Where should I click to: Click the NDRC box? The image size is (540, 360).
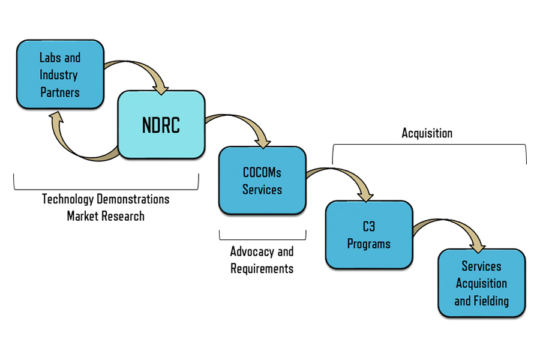[x=161, y=125]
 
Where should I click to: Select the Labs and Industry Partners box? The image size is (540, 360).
[x=59, y=74]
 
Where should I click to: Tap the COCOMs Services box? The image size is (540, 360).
[x=262, y=181]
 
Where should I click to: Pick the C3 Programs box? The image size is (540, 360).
[x=369, y=235]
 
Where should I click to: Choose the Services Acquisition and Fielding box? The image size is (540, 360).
[x=481, y=283]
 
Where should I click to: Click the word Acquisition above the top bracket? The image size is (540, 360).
[x=427, y=133]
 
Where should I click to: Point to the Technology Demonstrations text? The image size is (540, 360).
[x=106, y=199]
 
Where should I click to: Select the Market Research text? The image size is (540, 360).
[x=106, y=216]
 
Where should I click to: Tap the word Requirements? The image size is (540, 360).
[x=262, y=268]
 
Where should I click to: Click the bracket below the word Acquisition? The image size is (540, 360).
[x=429, y=145]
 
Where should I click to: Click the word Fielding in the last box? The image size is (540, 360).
[x=490, y=301]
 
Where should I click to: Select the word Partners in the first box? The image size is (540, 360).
[x=59, y=92]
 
